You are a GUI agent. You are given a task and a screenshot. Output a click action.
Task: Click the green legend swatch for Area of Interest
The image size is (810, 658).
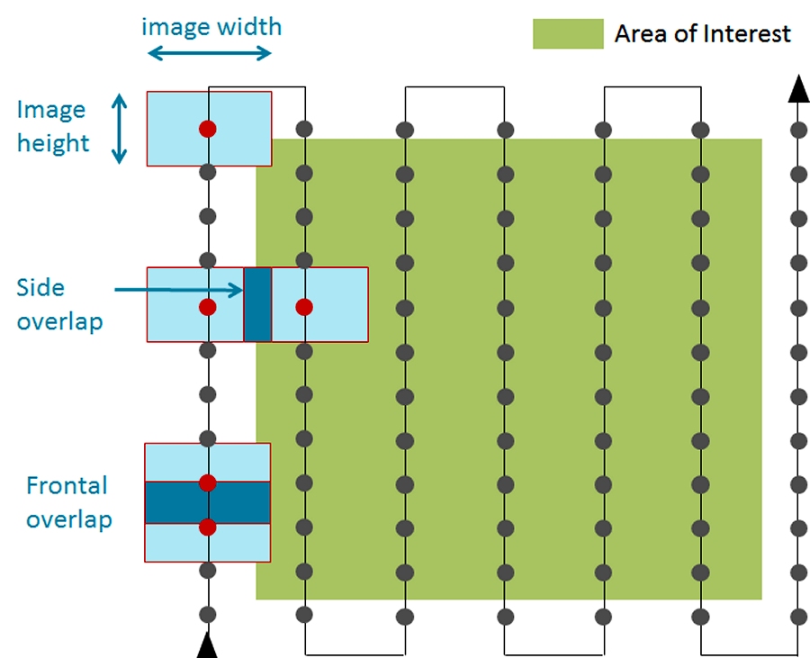coord(568,34)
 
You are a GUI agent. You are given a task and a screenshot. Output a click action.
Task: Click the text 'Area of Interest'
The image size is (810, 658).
coord(702,34)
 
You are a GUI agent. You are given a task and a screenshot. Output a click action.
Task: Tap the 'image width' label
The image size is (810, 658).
coord(211,26)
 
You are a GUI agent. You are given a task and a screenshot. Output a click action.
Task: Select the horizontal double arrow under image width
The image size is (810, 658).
coord(209,53)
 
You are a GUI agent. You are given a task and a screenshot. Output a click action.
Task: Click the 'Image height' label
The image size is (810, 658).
coord(53,126)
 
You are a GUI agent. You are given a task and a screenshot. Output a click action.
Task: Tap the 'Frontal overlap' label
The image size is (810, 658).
coord(67,502)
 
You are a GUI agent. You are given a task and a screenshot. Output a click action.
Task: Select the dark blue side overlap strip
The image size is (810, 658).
coord(257,304)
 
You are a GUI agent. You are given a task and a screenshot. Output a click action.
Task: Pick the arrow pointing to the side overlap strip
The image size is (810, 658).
coord(180,290)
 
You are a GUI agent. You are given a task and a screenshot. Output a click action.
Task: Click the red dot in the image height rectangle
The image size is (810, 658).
coord(208,129)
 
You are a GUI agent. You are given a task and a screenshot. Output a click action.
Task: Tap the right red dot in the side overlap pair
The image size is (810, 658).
coord(304,307)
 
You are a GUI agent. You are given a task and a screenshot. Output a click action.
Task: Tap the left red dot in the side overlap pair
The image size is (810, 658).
coord(208,307)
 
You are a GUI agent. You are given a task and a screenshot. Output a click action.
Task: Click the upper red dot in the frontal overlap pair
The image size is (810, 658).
coord(208,482)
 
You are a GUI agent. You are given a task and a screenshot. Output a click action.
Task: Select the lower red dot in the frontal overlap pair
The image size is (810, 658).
coord(208,527)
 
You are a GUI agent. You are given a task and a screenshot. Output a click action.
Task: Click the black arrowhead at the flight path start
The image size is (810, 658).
coord(208,645)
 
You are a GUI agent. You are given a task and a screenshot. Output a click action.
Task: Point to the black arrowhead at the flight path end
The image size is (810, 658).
coord(797,90)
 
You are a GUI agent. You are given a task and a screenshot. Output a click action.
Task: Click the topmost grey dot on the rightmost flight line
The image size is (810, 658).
coord(797,130)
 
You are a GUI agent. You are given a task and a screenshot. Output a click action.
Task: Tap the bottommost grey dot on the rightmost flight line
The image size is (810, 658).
coord(797,616)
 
